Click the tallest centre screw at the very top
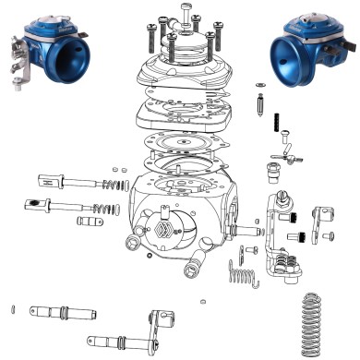tap(187, 16)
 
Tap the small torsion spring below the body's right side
tap(241, 273)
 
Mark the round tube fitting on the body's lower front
tap(194, 269)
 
